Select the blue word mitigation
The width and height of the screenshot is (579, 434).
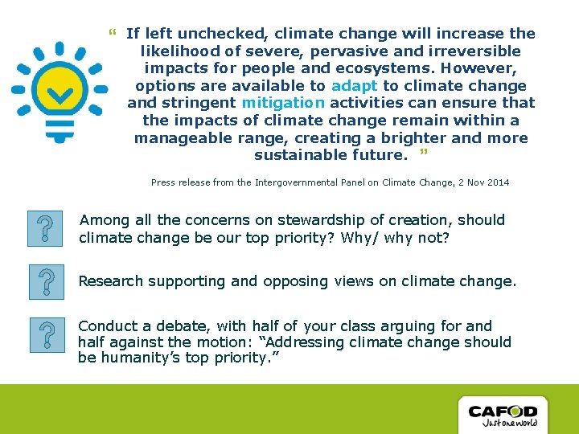[283, 103]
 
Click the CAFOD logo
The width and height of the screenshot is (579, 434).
[503, 416]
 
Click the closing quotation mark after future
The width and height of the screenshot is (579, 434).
[423, 153]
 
